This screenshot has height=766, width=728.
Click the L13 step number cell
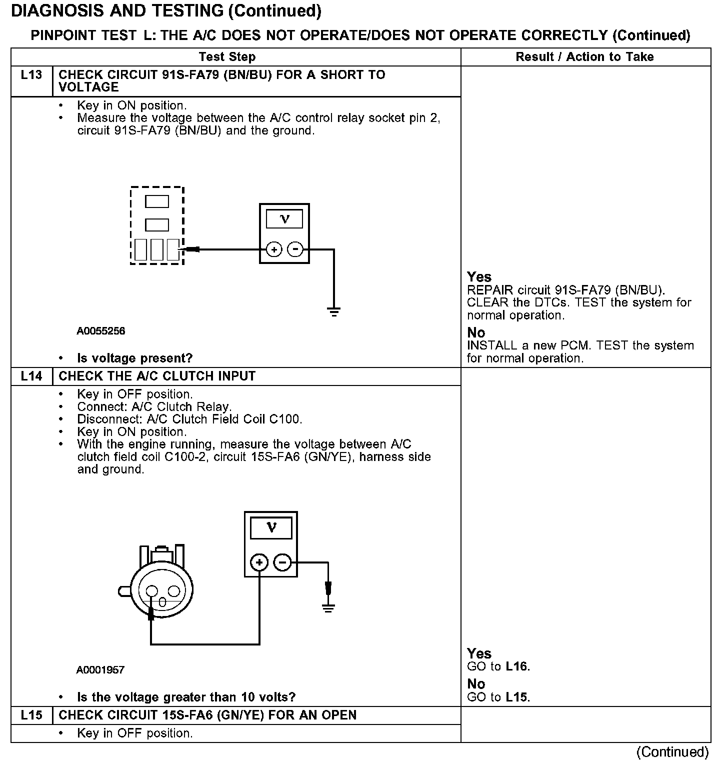[31, 75]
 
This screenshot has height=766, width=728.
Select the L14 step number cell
[31, 376]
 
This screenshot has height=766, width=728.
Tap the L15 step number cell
[31, 715]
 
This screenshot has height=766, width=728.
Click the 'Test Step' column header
[227, 57]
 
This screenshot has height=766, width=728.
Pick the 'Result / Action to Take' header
[584, 57]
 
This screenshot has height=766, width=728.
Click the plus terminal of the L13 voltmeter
[273, 249]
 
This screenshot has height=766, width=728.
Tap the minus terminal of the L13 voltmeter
[295, 249]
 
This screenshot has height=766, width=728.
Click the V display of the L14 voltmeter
[271, 528]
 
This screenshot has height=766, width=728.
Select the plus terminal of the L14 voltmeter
[259, 563]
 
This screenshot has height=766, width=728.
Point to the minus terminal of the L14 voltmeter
[282, 563]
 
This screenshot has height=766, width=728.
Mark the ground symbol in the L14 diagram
[328, 608]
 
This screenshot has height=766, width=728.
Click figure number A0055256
[101, 331]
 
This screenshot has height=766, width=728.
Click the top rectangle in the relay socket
[157, 201]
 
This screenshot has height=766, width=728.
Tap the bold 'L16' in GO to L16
[516, 666]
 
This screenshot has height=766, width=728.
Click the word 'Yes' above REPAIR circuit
[479, 277]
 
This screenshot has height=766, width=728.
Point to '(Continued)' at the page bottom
[672, 752]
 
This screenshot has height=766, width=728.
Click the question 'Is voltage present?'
[134, 358]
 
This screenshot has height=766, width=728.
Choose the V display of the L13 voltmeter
[284, 219]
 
